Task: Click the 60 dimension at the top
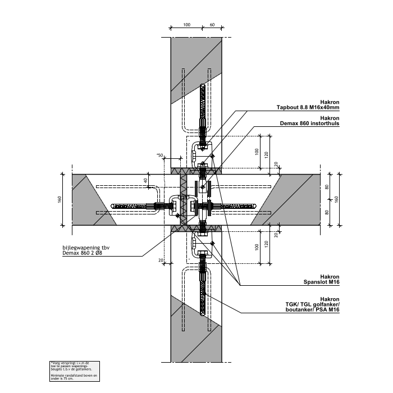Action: [212, 25]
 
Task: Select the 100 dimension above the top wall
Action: [187, 25]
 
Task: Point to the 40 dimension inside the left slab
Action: [145, 181]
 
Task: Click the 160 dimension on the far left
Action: [59, 199]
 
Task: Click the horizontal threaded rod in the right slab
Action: [233, 206]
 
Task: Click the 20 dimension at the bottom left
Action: [161, 260]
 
